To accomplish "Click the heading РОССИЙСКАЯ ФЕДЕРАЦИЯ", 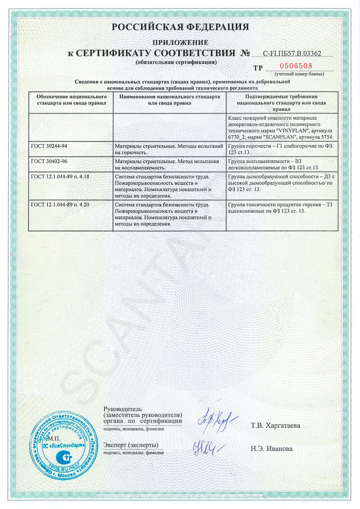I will tap(180, 27).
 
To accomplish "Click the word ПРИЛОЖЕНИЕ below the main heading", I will tap(180, 42).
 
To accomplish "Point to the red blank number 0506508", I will tap(296, 66).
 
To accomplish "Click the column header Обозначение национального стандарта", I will tap(71, 100).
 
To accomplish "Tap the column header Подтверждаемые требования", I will tap(282, 103).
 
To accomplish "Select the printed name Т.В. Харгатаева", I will tap(275, 425).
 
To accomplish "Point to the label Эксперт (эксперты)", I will tap(131, 445).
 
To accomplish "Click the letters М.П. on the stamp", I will tap(54, 438).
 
